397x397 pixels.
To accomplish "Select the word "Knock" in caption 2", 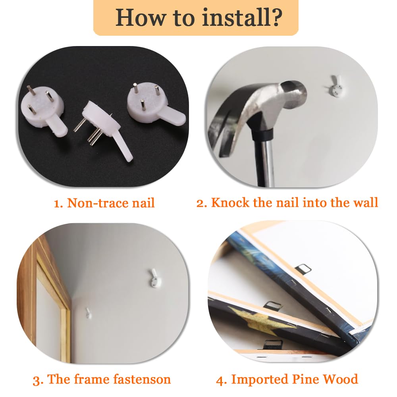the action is pyautogui.click(x=230, y=202).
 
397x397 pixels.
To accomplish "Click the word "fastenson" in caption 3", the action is pyautogui.click(x=142, y=379).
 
